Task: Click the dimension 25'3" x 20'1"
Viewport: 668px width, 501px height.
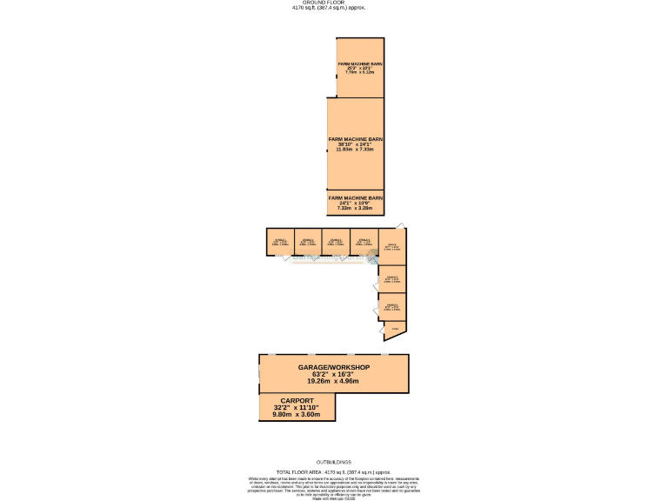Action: (360, 68)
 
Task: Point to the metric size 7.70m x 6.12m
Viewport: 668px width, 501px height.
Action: (360, 72)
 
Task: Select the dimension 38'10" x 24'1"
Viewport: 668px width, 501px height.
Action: (355, 144)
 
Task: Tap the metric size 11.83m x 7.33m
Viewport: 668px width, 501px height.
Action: (355, 150)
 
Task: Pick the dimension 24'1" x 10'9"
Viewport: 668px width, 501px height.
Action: (355, 204)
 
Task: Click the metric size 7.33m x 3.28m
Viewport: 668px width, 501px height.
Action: (355, 209)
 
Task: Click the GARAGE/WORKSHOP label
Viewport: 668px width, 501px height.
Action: (334, 368)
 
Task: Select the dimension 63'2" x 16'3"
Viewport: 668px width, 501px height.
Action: (334, 374)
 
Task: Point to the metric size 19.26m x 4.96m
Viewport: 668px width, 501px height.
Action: (334, 381)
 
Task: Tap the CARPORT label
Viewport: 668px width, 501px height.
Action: (297, 401)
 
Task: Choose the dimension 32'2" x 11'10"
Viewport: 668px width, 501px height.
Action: (297, 408)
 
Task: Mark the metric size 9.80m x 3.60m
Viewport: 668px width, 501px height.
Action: (297, 415)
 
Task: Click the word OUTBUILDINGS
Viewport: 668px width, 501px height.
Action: (333, 462)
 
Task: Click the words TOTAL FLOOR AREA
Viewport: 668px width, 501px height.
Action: (296, 470)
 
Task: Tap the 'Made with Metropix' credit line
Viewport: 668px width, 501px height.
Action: (334, 498)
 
